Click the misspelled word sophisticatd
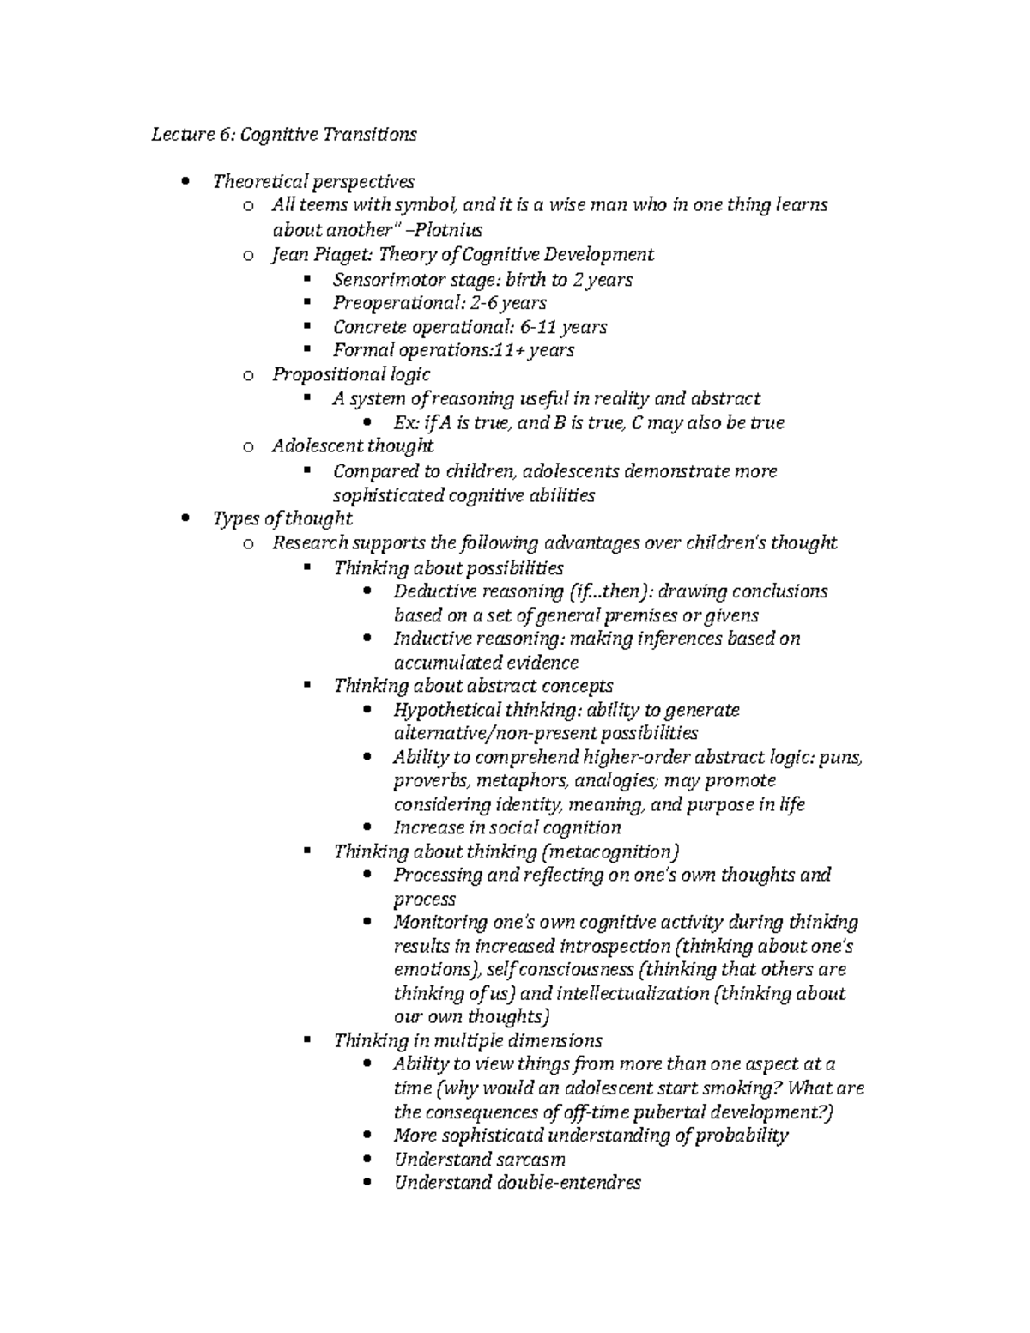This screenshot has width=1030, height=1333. (493, 1136)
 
